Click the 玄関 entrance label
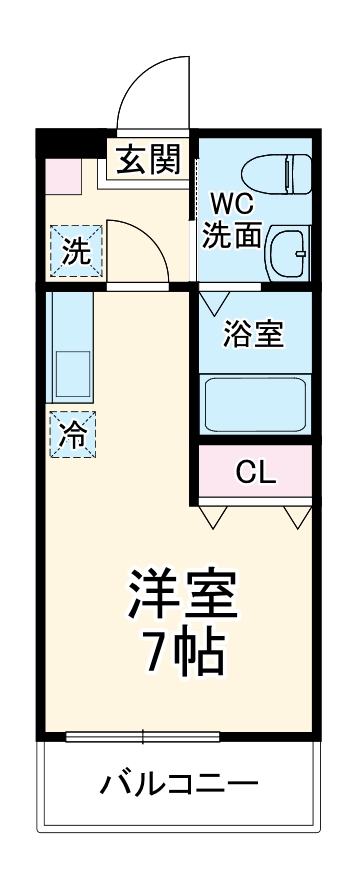[150, 160]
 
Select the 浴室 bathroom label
[253, 334]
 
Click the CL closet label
[256, 471]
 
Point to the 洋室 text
[181, 592]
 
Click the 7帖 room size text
[181, 653]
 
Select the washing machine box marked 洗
[73, 251]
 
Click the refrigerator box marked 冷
[73, 435]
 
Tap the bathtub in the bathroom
[255, 403]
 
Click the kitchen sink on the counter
[71, 373]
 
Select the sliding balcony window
[143, 738]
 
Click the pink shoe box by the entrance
[63, 175]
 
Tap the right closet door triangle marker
[297, 516]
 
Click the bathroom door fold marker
[214, 299]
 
